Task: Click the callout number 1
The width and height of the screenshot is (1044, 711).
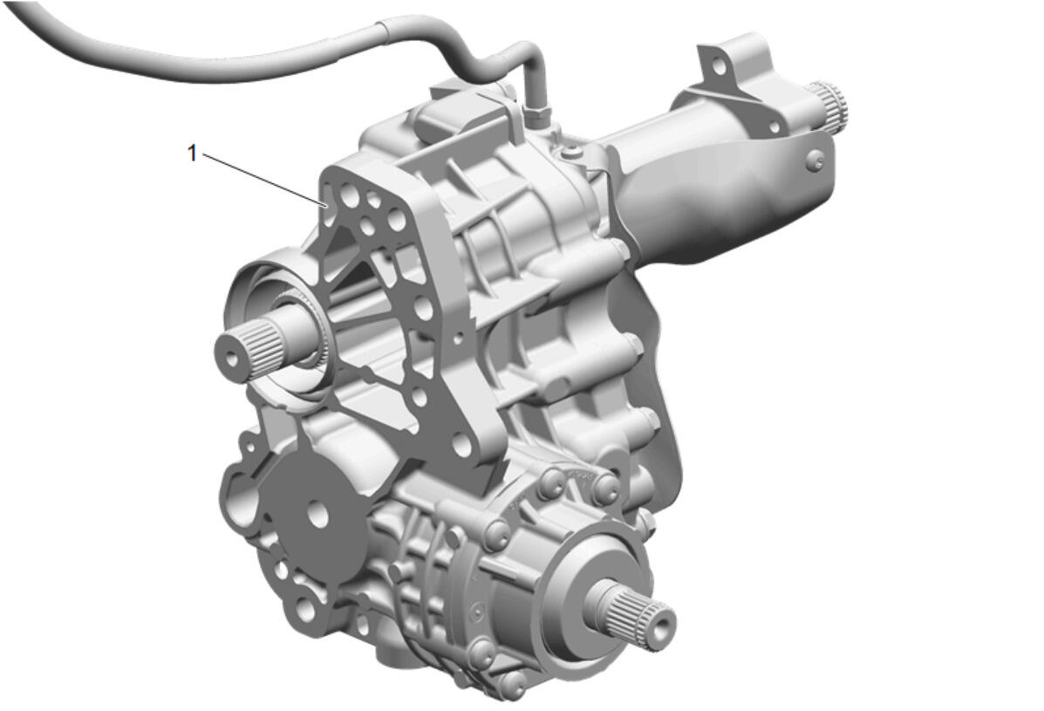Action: click(193, 154)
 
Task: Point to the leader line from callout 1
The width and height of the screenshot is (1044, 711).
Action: click(264, 181)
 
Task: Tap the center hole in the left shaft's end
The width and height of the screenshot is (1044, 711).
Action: click(231, 359)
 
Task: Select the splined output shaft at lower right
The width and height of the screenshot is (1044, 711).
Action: click(632, 612)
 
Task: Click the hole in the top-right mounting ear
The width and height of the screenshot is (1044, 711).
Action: click(718, 66)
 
